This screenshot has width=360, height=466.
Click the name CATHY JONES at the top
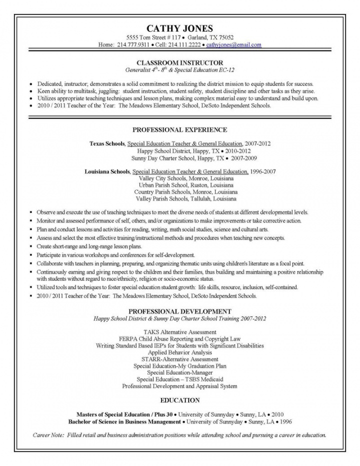(179, 28)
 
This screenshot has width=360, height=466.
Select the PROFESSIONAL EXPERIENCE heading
(179, 129)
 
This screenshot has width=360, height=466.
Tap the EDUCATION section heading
(179, 400)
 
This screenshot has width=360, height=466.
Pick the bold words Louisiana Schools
(108, 171)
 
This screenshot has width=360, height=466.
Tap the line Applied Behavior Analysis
(179, 352)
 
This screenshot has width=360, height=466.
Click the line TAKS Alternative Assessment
(179, 331)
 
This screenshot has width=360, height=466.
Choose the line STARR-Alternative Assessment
(179, 359)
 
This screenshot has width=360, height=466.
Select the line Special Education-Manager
(179, 372)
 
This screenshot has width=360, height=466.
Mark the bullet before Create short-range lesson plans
(31, 247)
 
